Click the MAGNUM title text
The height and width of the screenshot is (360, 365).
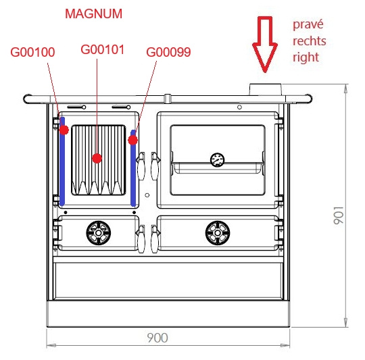click(93, 14)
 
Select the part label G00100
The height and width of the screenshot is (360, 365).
click(32, 52)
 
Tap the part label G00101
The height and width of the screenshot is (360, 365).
click(103, 49)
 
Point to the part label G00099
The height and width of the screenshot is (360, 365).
click(168, 52)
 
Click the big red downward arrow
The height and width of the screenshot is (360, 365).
click(265, 44)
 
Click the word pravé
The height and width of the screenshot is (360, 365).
click(308, 24)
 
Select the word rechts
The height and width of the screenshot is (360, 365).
click(310, 41)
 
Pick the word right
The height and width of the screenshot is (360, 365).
click(306, 57)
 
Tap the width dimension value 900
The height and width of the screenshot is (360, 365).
click(157, 338)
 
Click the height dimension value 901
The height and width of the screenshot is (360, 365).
click(339, 215)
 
